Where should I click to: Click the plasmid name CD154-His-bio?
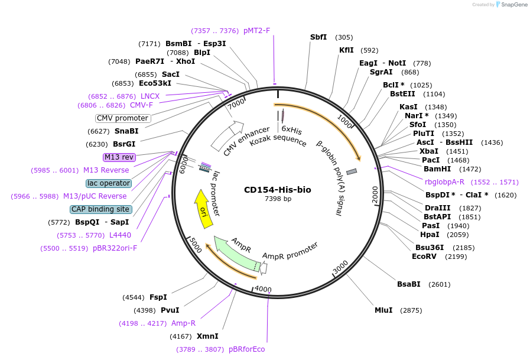click(x=277, y=190)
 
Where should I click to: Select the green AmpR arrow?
click(x=236, y=254)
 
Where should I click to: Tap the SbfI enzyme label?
click(x=318, y=37)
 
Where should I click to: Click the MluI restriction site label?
click(x=383, y=310)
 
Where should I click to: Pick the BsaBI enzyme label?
click(x=408, y=284)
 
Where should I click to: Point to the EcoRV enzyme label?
click(x=424, y=257)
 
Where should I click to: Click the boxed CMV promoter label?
click(x=123, y=118)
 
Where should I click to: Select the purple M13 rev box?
click(x=119, y=157)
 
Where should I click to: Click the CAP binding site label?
click(x=101, y=209)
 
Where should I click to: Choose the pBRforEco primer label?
click(x=246, y=349)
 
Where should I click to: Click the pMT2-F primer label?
click(x=256, y=31)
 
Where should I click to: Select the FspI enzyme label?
click(x=158, y=297)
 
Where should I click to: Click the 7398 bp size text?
click(x=277, y=199)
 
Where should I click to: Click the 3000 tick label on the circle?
click(x=340, y=268)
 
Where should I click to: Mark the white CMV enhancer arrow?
click(x=228, y=135)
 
